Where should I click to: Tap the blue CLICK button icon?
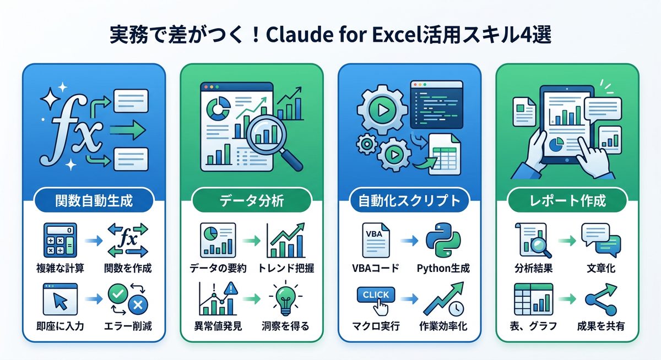click(x=376, y=296)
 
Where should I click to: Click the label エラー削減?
click(x=128, y=326)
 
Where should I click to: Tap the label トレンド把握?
click(x=286, y=269)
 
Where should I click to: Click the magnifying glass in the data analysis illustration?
click(x=270, y=138)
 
